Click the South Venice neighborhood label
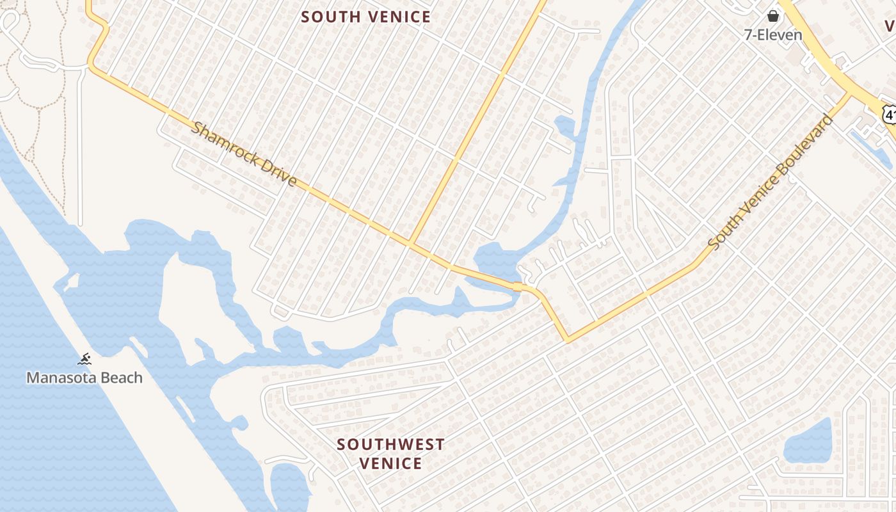click(366, 17)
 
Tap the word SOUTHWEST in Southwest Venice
click(390, 444)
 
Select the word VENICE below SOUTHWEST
click(390, 463)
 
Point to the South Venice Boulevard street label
click(771, 182)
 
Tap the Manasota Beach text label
click(84, 378)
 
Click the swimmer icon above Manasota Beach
click(84, 359)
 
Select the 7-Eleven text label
click(772, 35)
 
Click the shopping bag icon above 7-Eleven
click(772, 16)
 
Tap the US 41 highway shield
click(888, 114)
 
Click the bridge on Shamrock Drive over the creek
click(517, 287)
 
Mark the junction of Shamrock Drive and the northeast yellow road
click(410, 243)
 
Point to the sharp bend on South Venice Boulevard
click(567, 340)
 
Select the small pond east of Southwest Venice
click(808, 442)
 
